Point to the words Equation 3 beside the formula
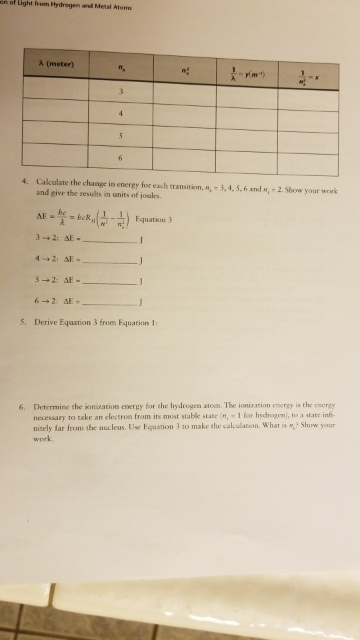tap(153, 219)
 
